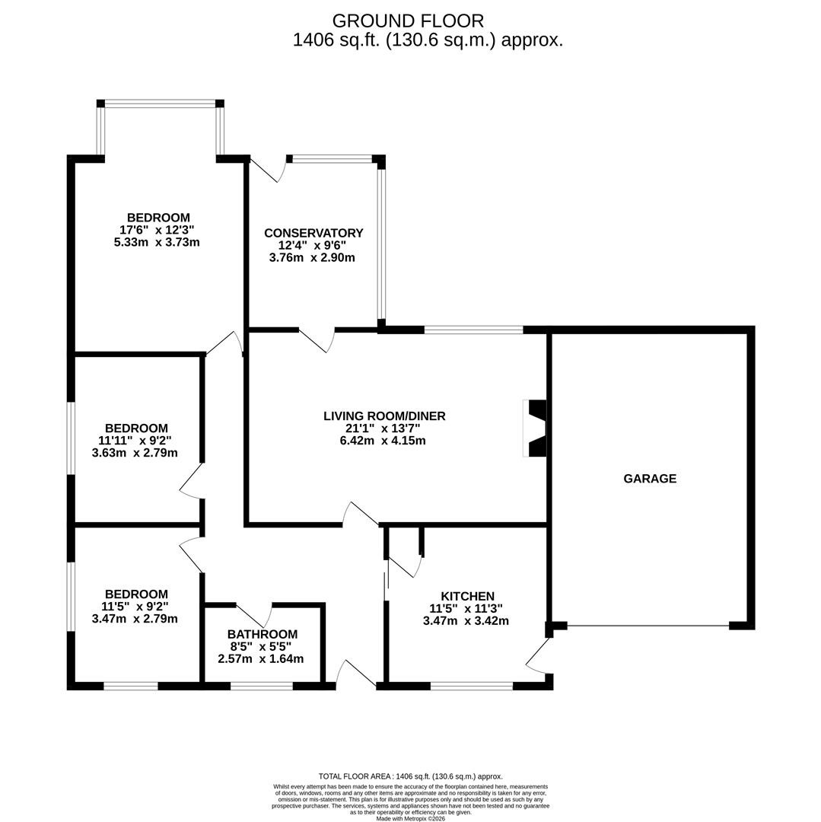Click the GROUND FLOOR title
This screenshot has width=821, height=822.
(x=408, y=21)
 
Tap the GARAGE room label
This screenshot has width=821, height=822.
(x=650, y=479)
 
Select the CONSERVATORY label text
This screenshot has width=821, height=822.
(x=313, y=233)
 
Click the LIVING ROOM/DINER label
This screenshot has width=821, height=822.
(x=384, y=416)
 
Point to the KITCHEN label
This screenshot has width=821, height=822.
(x=467, y=597)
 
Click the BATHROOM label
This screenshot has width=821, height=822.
(x=262, y=635)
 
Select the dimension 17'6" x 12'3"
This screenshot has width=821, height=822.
(x=157, y=230)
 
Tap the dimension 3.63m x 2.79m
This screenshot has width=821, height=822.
(x=135, y=453)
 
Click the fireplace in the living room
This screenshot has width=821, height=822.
(x=536, y=429)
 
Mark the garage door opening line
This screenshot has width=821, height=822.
(x=648, y=626)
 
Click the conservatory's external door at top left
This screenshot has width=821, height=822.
(x=266, y=170)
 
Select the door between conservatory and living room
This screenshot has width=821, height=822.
(x=316, y=340)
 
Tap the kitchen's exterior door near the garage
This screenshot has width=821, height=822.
(x=538, y=656)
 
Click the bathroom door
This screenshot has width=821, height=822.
(x=253, y=616)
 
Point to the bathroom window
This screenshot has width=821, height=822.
(x=261, y=686)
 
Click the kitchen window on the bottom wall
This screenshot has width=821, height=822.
(x=471, y=686)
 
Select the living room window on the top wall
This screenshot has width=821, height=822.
(x=473, y=330)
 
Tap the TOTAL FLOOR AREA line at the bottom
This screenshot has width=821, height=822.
(x=410, y=776)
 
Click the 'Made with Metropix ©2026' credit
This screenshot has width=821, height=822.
(x=410, y=819)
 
